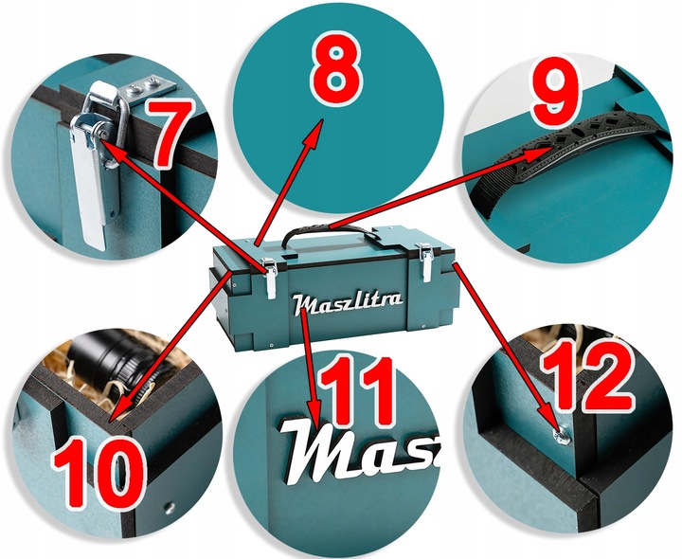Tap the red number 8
point(335,68)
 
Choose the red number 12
point(586,375)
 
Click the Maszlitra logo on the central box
point(348,303)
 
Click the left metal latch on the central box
point(270,278)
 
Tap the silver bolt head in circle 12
point(562,435)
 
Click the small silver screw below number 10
point(170,507)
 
